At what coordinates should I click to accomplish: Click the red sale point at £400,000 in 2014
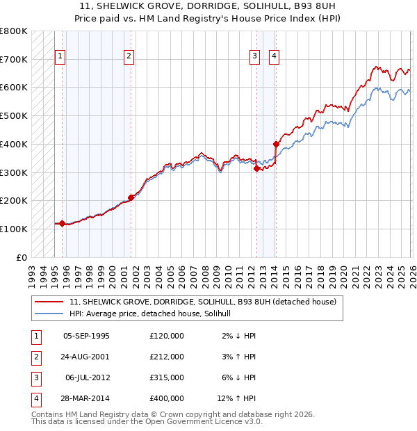point(276,144)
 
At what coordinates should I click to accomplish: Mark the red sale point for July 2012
point(256,168)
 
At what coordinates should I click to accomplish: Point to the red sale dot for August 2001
point(131,197)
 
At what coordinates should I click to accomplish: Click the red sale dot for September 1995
point(62,223)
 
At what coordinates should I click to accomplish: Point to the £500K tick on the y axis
point(15,115)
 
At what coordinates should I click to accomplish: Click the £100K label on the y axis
point(15,229)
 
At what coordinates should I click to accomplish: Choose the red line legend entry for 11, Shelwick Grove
point(202,302)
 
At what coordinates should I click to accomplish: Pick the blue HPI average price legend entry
point(154,314)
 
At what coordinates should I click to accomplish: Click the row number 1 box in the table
point(35,336)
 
